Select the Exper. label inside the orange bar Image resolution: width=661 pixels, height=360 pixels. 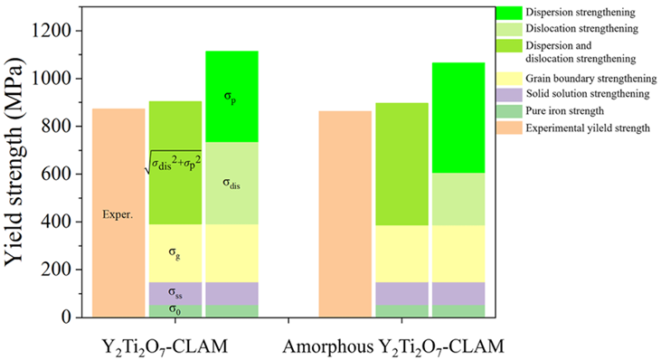(x=118, y=218)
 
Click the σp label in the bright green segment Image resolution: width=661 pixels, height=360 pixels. (x=231, y=97)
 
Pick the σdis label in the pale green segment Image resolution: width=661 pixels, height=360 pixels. (x=231, y=185)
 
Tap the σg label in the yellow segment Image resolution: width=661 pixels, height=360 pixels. (x=175, y=255)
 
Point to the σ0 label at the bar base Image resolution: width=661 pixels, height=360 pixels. (x=175, y=310)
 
